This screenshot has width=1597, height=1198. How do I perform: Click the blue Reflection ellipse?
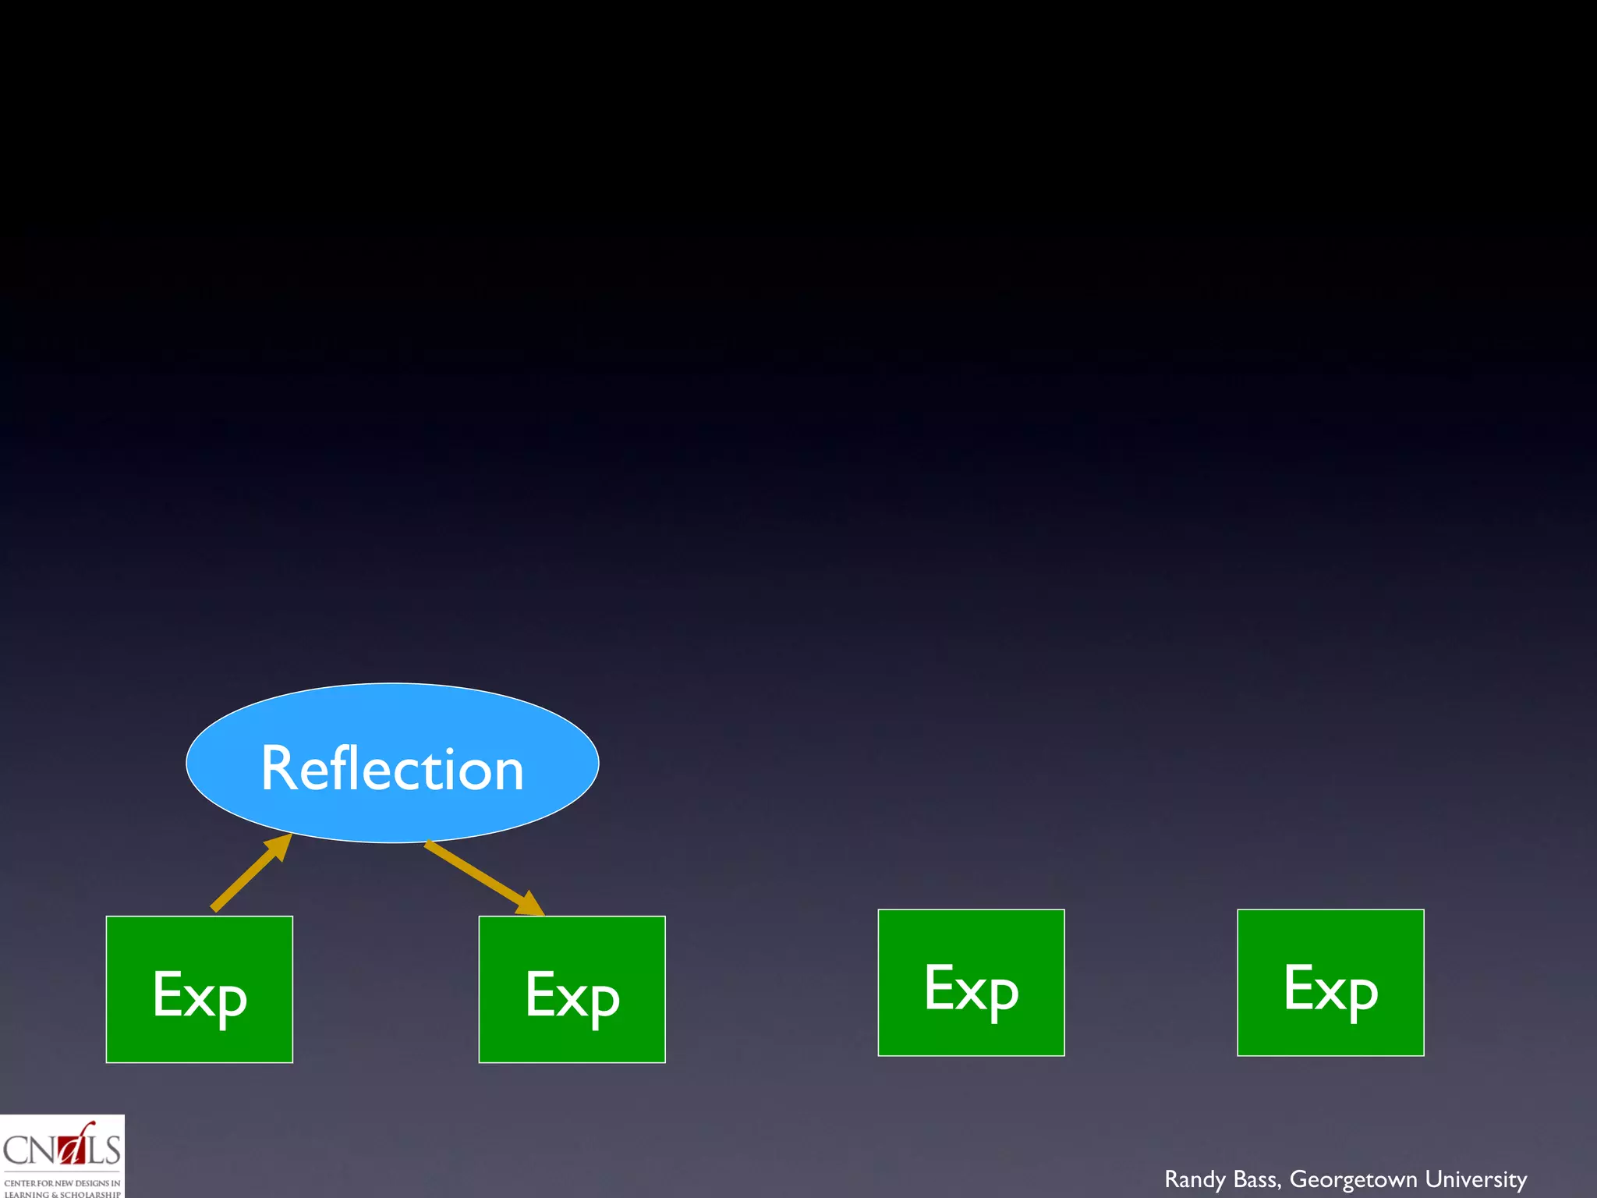pos(392,725)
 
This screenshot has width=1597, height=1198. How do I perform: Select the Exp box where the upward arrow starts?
pos(200,989)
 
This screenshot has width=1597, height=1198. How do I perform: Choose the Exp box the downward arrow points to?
pos(572,989)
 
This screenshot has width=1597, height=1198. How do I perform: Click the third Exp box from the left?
pos(971,983)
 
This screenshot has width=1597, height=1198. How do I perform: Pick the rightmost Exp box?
pos(1330,983)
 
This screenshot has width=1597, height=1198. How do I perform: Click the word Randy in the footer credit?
pos(1195,1179)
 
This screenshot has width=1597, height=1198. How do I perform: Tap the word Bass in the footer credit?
pos(1257,1179)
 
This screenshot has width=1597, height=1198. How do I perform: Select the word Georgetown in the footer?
pos(1353,1179)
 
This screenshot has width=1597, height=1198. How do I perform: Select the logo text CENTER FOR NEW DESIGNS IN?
pos(62,1182)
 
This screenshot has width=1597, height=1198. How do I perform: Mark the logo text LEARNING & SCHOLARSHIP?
pos(62,1193)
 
